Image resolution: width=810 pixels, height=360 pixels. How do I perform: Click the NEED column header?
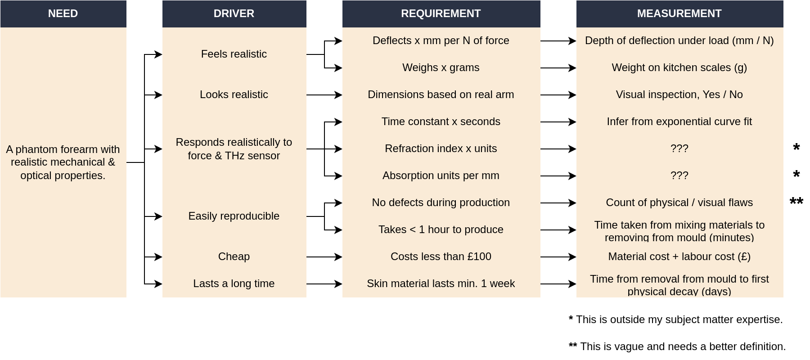pos(63,13)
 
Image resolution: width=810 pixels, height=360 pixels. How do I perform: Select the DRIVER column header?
pos(234,13)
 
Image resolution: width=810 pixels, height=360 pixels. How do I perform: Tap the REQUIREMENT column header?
pos(441,13)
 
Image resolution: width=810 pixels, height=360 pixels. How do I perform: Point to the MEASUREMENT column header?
pos(679,13)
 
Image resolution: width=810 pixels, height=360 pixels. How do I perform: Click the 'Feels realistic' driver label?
pos(234,54)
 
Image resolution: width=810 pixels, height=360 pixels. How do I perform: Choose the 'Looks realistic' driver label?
pos(234,94)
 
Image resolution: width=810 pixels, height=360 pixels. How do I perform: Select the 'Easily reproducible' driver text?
pos(234,216)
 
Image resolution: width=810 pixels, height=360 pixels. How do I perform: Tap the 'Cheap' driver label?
pos(234,256)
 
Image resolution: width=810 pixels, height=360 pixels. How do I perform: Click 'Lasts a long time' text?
pos(234,283)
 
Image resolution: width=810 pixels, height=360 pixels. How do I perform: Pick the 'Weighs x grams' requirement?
pos(441,67)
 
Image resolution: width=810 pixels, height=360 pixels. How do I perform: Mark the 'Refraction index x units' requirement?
pos(441,148)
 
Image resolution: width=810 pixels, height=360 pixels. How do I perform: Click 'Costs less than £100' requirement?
pos(441,256)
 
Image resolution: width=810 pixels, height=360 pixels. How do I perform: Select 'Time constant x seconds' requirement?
pos(441,121)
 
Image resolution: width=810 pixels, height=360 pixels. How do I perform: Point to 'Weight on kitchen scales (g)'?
pos(679,67)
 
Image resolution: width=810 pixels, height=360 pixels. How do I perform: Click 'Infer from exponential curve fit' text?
pos(679,121)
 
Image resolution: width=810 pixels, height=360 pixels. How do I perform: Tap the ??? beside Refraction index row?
pos(679,148)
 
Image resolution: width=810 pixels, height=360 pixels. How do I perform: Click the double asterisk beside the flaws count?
pos(796,201)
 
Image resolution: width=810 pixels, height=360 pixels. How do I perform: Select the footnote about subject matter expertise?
pos(676,319)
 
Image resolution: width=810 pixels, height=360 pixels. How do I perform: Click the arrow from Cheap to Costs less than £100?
pos(324,257)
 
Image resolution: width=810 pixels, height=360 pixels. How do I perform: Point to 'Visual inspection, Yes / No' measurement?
pos(679,94)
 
